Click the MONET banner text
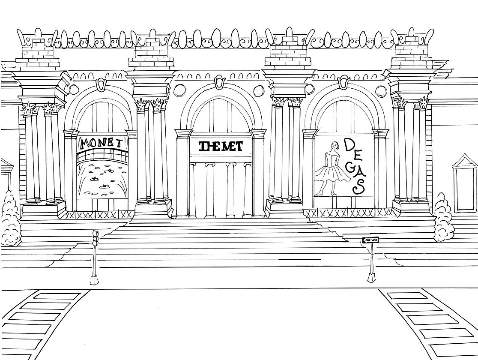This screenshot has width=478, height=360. point(102,143)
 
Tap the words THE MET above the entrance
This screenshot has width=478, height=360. point(221,147)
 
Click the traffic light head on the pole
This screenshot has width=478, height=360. point(96,237)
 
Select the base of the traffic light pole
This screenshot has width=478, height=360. point(94,280)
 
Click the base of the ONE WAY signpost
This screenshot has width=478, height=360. point(372,278)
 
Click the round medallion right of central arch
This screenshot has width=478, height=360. point(259,90)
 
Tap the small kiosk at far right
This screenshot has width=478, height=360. point(465,183)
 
